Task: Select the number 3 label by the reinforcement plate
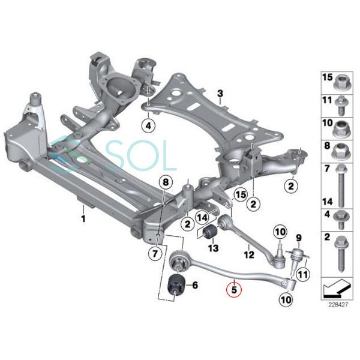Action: tap(220, 93)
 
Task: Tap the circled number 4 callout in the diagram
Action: tap(148, 126)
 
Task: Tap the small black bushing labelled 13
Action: tap(211, 232)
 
